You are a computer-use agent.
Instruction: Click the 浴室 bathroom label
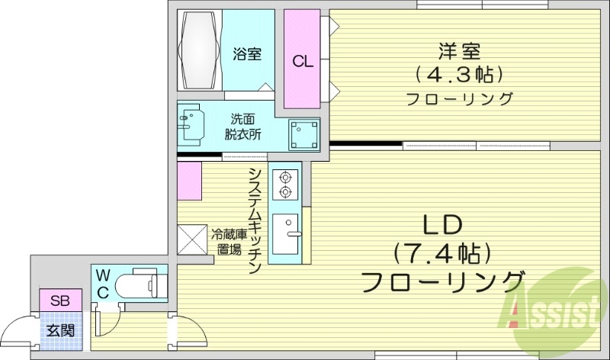point(248,54)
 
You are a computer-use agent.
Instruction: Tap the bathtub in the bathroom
point(199,50)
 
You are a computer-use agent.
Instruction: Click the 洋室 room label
point(459,51)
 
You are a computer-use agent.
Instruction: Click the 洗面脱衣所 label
point(243,126)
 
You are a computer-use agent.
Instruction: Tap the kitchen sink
point(287,234)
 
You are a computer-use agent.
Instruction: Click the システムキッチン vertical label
point(256,221)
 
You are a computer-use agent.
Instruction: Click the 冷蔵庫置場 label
point(229,240)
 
